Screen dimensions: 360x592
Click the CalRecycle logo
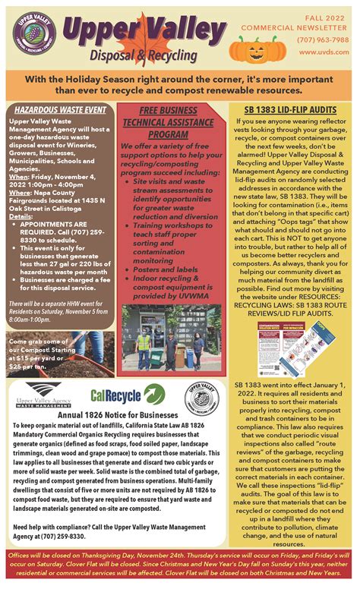tap(128, 393)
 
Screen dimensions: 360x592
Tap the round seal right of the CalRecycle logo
tap(201, 395)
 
